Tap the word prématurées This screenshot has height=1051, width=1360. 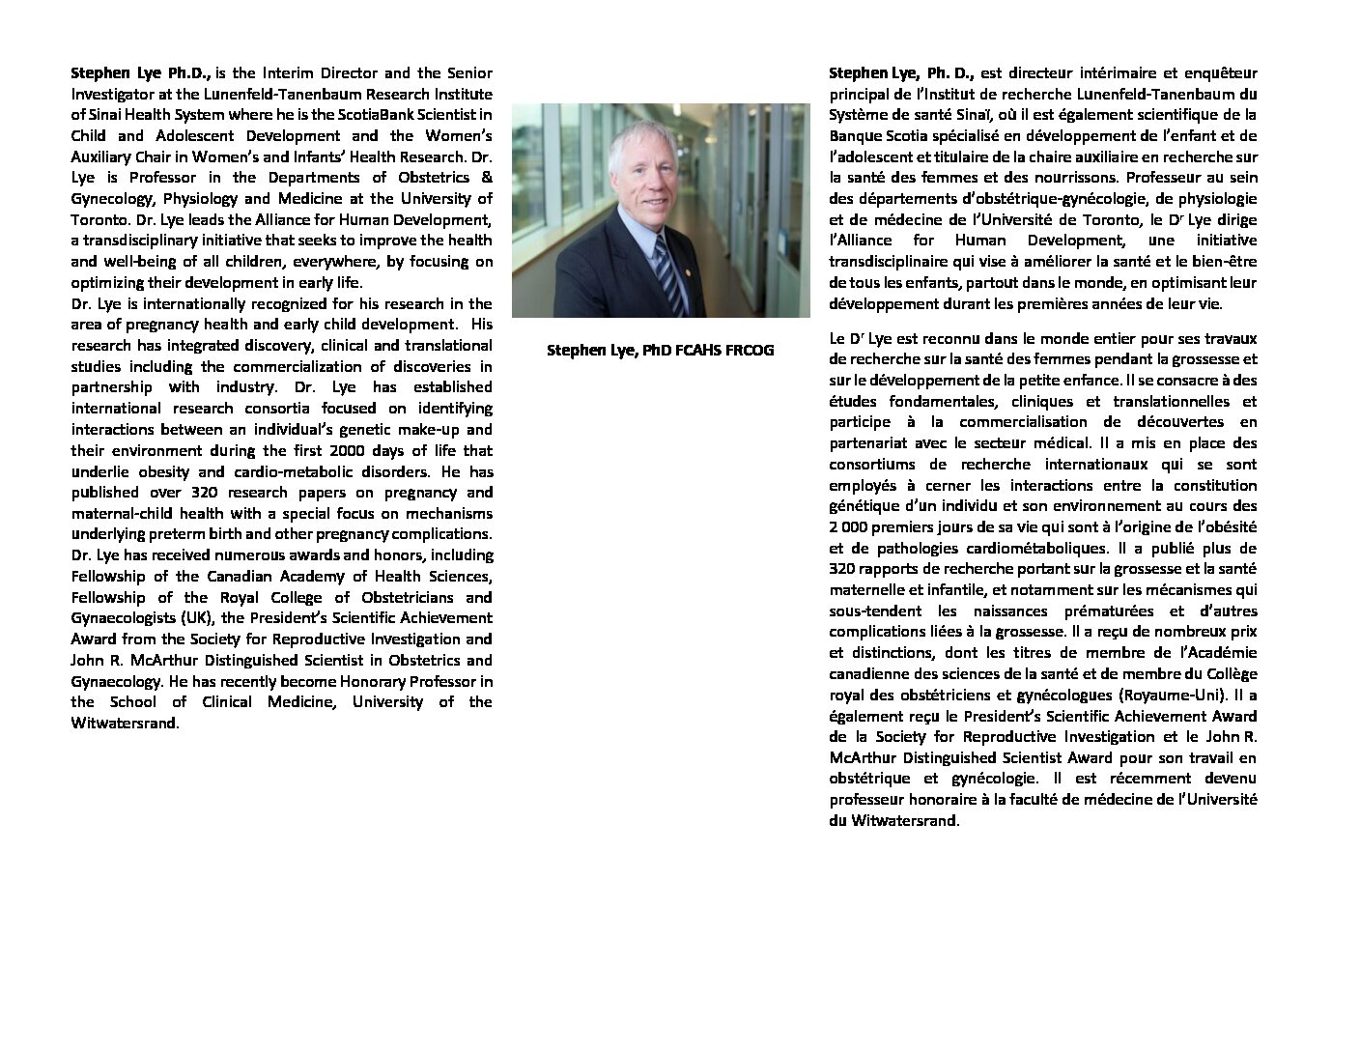click(1110, 611)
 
